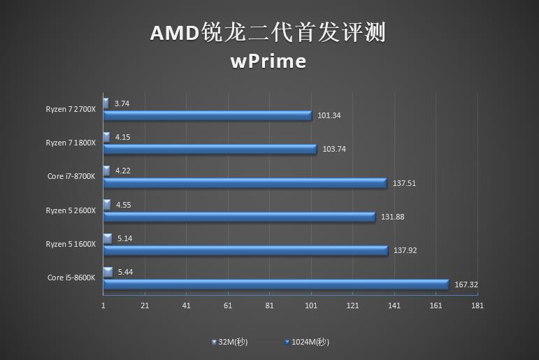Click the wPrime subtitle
268,62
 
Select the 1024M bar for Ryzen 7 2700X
208,116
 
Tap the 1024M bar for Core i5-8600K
275,284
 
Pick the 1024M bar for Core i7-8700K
245,183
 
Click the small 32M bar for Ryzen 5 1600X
108,239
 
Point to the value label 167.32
466,285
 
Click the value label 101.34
329,116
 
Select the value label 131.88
392,217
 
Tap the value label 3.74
122,103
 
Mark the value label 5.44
126,271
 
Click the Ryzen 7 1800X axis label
71,143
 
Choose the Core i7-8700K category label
71,176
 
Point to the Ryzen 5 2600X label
71,210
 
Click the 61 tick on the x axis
228,305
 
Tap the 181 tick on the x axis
478,305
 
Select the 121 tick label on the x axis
353,305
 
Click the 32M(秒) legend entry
230,342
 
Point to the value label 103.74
334,150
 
